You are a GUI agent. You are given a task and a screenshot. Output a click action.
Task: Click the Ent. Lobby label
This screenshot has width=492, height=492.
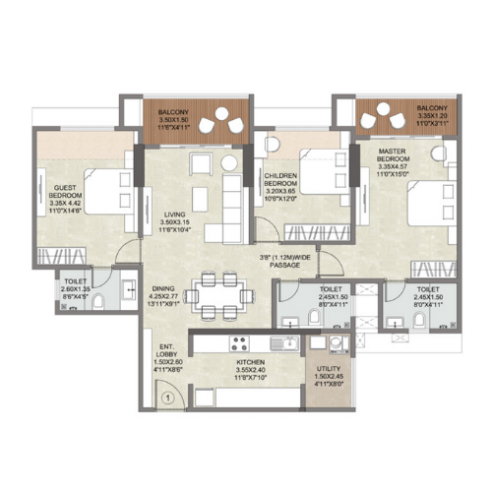coord(164,359)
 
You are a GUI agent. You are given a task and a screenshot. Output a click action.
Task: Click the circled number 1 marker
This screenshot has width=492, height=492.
coord(168,399)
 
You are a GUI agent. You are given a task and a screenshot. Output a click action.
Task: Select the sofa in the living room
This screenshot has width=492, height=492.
coord(230,202)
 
